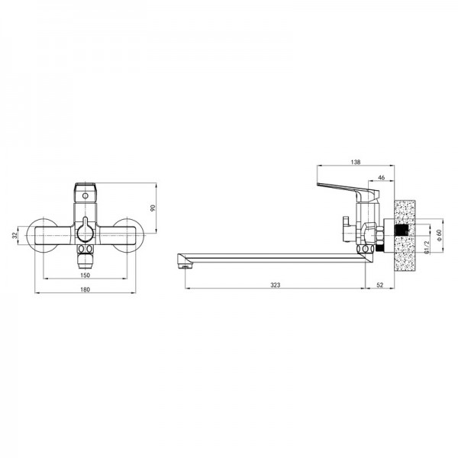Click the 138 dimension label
point(356,162)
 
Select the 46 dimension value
point(381,178)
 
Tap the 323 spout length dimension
point(275,285)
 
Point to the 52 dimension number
point(379,285)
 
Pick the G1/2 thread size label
point(427,247)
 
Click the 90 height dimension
point(153,208)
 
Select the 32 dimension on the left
point(15,235)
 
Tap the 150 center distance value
point(85,275)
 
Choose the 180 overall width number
point(85,289)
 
